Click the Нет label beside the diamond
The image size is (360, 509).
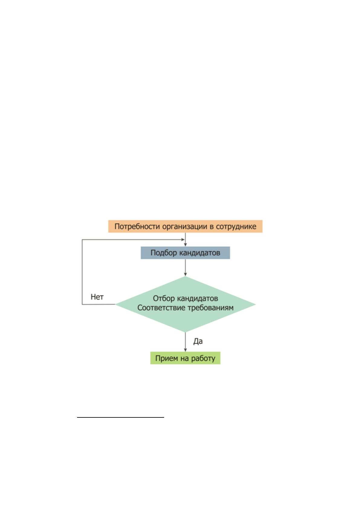pos(97,297)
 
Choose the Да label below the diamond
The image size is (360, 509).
pos(198,341)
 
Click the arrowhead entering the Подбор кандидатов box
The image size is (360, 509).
pos(185,245)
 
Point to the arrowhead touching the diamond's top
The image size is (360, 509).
pos(185,274)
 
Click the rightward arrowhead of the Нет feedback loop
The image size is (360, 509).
pos(183,239)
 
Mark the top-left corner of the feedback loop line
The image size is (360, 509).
pos(82,239)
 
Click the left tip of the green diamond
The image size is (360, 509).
pos(115,304)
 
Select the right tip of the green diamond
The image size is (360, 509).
pos(256,304)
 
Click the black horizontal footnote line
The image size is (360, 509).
pos(121,417)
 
